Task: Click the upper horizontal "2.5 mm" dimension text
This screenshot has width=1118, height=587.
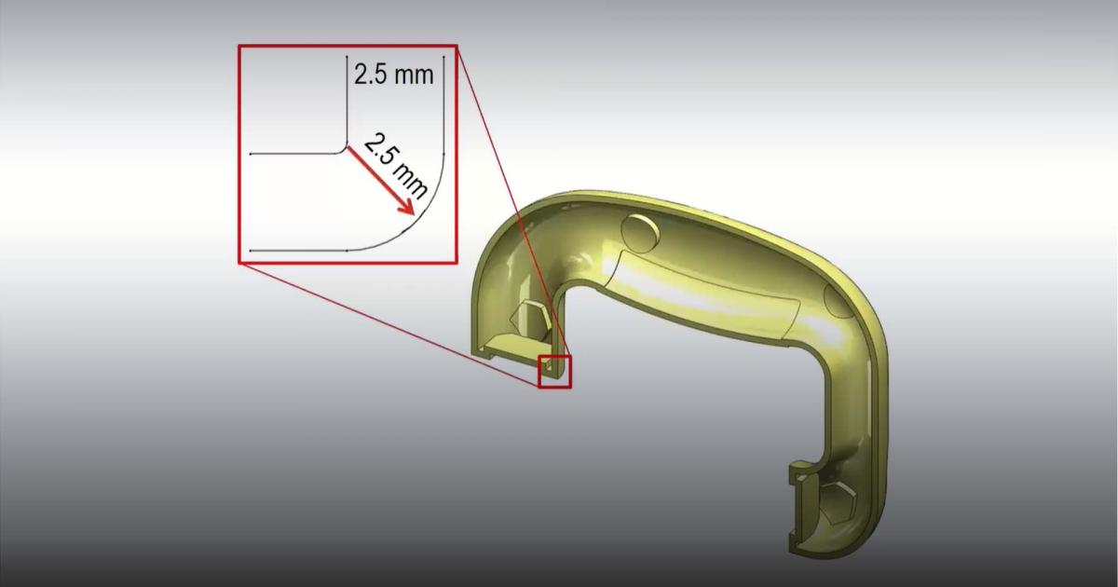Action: coord(393,75)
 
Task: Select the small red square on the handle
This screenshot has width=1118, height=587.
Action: coord(554,371)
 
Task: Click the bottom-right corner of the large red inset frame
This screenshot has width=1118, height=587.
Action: coord(456,262)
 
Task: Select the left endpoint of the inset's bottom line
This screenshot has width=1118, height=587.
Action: coord(252,251)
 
